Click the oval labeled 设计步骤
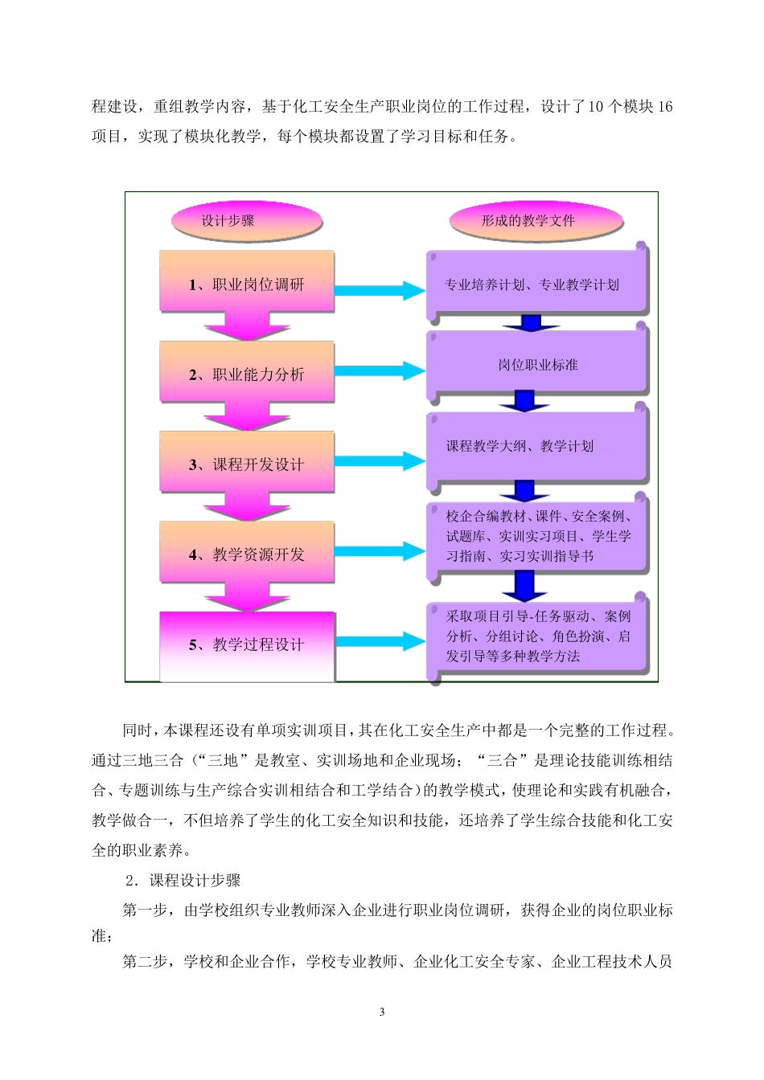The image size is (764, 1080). pos(228,221)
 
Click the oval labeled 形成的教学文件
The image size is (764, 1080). pos(528,221)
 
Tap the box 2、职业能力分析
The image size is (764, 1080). pos(247,373)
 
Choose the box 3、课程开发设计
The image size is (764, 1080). pos(247,463)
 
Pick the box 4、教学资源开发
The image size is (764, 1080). pos(247,553)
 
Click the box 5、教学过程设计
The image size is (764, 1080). pos(247,644)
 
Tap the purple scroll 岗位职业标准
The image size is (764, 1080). pos(536,364)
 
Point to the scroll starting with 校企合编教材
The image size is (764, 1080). pos(536,537)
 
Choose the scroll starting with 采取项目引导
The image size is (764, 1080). pos(536,636)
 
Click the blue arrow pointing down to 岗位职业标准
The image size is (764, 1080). pos(529,323)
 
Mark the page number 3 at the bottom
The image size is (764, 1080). pos(382,1012)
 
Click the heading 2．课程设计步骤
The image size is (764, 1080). pos(183,881)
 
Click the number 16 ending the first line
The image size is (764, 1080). pos(664,108)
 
